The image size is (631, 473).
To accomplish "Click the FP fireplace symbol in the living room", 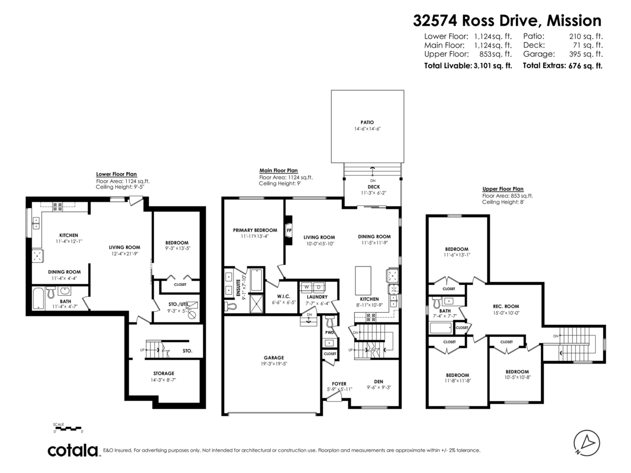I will point(289,230).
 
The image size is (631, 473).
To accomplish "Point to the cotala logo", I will point(73,450).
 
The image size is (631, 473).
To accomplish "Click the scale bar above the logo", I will point(68,428).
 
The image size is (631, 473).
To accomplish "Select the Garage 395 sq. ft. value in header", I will point(586,54).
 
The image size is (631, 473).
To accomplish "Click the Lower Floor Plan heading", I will point(116,174).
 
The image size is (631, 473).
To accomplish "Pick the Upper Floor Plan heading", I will point(503,189).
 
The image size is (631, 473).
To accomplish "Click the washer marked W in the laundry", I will point(307,286).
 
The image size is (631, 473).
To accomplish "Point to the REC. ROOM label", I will point(505,306).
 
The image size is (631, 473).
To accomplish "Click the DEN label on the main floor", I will point(378,382).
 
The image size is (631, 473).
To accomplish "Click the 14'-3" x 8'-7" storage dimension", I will point(164,379).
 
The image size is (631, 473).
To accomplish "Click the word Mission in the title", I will point(574,20).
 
